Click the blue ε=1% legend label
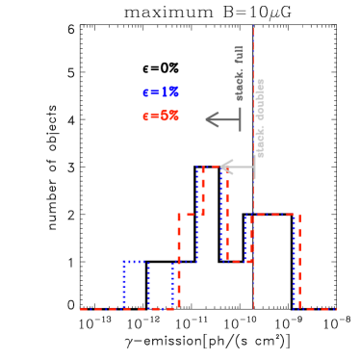(161, 92)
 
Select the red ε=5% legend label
(161, 116)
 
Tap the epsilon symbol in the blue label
(145, 92)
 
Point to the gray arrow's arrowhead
(211, 120)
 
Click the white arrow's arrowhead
(225, 167)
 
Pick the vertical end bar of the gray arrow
(240, 120)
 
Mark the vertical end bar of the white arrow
(255, 167)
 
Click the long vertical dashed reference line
(254, 241)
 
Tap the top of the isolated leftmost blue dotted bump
(136, 261)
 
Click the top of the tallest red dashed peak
(214, 167)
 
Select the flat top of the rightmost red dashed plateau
(275, 215)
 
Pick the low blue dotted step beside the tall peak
(185, 261)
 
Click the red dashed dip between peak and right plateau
(239, 261)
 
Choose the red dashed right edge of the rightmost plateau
(300, 260)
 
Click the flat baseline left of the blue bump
(101, 309)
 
